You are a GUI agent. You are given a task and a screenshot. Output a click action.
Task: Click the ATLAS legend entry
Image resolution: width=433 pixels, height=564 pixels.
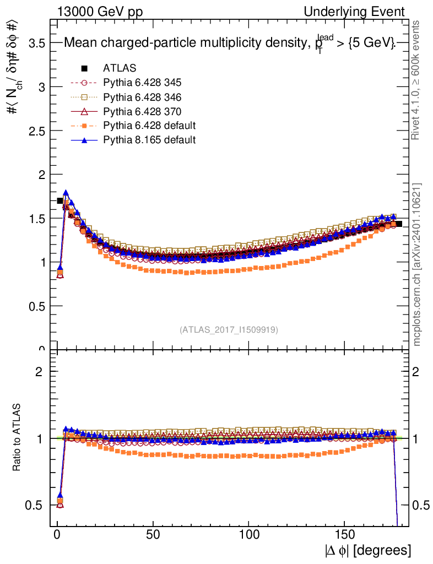pyautogui.click(x=120, y=68)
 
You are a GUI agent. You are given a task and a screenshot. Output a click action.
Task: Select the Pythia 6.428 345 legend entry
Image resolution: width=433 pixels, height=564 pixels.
pyautogui.click(x=142, y=83)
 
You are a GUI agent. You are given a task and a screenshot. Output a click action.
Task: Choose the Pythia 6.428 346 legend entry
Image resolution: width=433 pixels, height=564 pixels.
pyautogui.click(x=142, y=97)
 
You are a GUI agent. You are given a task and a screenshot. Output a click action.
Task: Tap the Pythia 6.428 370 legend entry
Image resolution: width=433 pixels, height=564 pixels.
pyautogui.click(x=142, y=111)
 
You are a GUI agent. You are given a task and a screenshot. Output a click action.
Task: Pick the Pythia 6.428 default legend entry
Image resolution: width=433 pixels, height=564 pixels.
pyautogui.click(x=149, y=126)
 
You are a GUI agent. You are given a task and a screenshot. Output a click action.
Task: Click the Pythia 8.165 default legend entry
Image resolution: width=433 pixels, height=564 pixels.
pyautogui.click(x=149, y=140)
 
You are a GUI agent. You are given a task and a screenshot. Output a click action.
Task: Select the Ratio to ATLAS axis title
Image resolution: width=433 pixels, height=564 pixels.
pyautogui.click(x=18, y=437)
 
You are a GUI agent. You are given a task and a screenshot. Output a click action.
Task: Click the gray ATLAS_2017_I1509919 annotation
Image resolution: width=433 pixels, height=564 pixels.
pyautogui.click(x=229, y=330)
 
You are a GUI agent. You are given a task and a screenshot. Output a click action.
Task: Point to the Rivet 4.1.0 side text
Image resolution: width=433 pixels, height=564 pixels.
pyautogui.click(x=417, y=80)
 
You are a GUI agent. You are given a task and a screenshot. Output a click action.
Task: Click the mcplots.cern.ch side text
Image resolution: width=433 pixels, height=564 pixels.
pyautogui.click(x=417, y=264)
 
